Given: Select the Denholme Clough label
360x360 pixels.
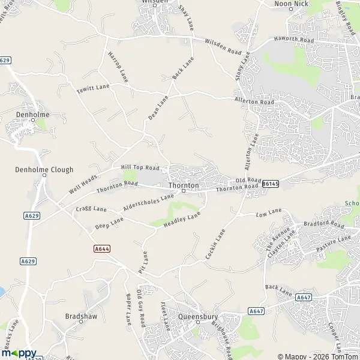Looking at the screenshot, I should pyautogui.click(x=36, y=170).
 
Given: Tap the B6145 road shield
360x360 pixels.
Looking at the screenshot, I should pyautogui.click(x=270, y=184).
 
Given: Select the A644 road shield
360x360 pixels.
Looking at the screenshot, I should pyautogui.click(x=102, y=248).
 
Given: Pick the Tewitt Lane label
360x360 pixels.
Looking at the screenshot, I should pyautogui.click(x=93, y=88).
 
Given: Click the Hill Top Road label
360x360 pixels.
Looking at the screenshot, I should pyautogui.click(x=140, y=168).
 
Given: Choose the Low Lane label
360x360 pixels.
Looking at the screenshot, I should pyautogui.click(x=268, y=213).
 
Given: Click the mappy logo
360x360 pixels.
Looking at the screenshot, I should pyautogui.click(x=19, y=353).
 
